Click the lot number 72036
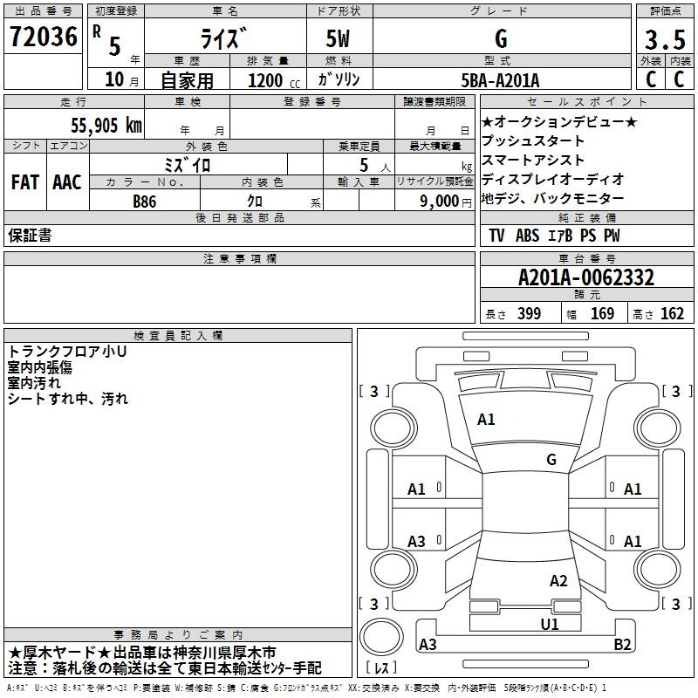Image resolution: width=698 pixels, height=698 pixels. click(x=44, y=37)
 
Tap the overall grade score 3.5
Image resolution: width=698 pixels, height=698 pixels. click(x=665, y=39)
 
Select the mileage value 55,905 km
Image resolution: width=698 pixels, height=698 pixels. click(x=106, y=126)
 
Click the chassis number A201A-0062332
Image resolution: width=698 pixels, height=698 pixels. click(x=586, y=277)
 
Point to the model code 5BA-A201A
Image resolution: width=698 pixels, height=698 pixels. click(x=500, y=80)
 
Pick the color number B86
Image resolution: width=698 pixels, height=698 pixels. click(x=145, y=202)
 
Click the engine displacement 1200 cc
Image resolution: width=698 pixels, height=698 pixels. click(x=274, y=80)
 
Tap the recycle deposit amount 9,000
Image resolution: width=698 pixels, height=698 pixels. click(x=440, y=202)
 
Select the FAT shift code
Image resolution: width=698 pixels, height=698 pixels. click(x=25, y=182)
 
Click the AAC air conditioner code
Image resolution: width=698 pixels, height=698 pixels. click(x=67, y=182)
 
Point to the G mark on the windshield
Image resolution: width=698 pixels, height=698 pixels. click(x=551, y=460)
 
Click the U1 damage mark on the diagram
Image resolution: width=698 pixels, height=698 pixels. click(x=550, y=625)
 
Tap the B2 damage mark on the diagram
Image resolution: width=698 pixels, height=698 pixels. click(x=622, y=644)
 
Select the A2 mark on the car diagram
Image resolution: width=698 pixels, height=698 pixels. click(x=558, y=581)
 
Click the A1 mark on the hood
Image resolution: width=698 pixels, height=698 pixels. click(x=486, y=420)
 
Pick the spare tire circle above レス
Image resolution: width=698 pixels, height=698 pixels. click(x=381, y=637)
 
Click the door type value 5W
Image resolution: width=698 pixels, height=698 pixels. click(x=338, y=38)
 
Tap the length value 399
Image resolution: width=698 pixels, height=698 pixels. click(x=530, y=313)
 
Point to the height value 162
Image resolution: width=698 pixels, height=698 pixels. click(x=672, y=313)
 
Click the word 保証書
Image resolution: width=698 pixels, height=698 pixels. click(x=30, y=236)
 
